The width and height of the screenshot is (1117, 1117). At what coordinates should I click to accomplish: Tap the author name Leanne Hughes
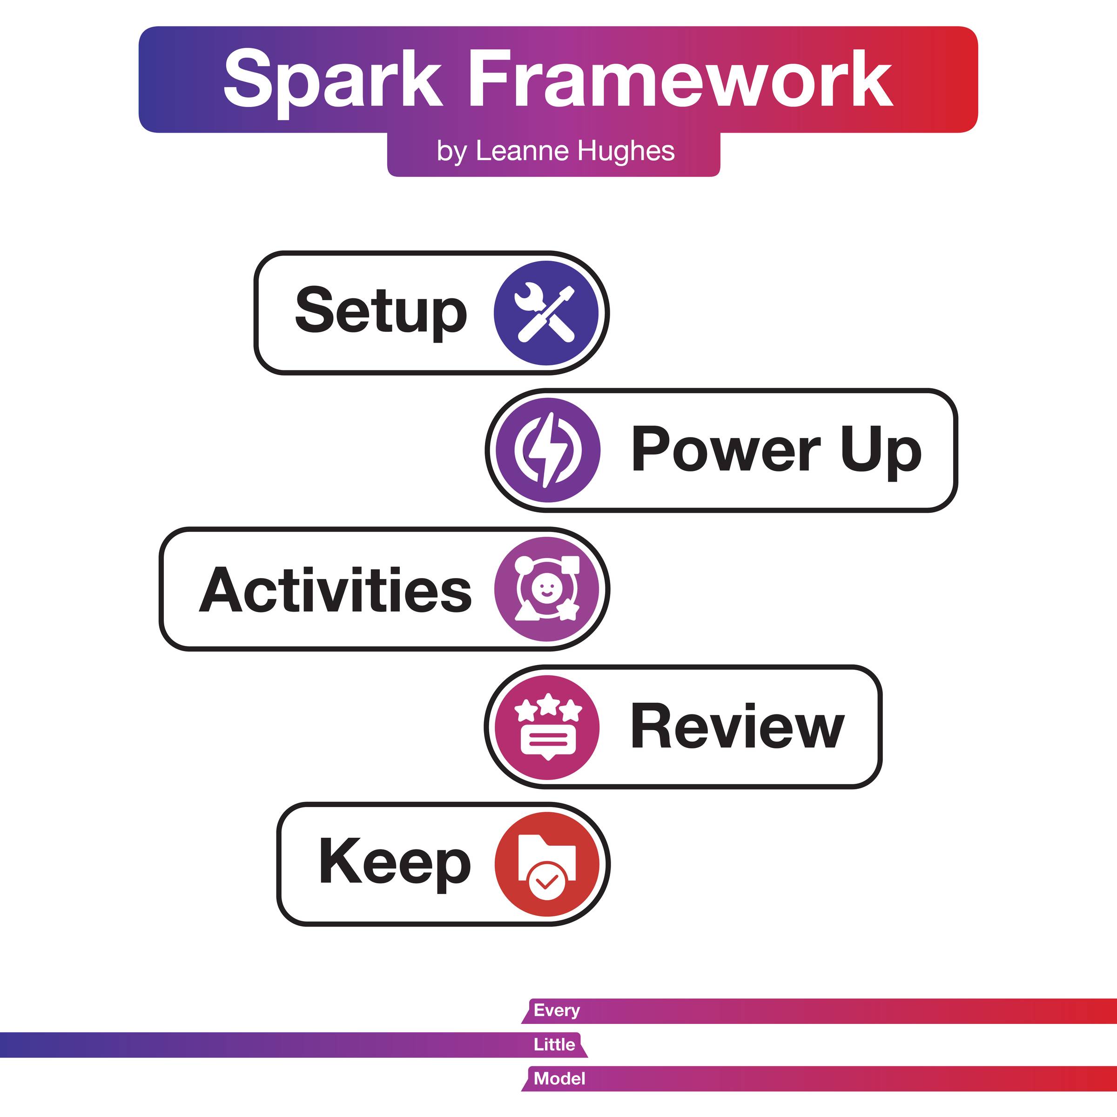[x=575, y=151]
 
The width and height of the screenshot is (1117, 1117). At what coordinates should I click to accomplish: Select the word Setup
[x=381, y=312]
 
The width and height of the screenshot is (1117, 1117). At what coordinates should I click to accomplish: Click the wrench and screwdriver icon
[x=546, y=313]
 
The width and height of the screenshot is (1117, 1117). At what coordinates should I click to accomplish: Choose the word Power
[x=726, y=449]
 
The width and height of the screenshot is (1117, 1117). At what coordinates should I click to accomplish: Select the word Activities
[x=335, y=590]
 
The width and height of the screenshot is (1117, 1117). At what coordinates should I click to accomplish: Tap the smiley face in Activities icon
[x=545, y=590]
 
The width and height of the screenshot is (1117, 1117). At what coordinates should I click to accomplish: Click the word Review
[x=737, y=726]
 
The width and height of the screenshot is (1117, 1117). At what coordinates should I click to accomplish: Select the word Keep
[x=395, y=863]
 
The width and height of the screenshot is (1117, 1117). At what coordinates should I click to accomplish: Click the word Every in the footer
[x=557, y=1010]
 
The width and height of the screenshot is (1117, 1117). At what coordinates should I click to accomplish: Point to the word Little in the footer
[x=554, y=1044]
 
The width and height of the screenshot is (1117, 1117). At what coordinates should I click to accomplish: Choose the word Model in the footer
[x=559, y=1078]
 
